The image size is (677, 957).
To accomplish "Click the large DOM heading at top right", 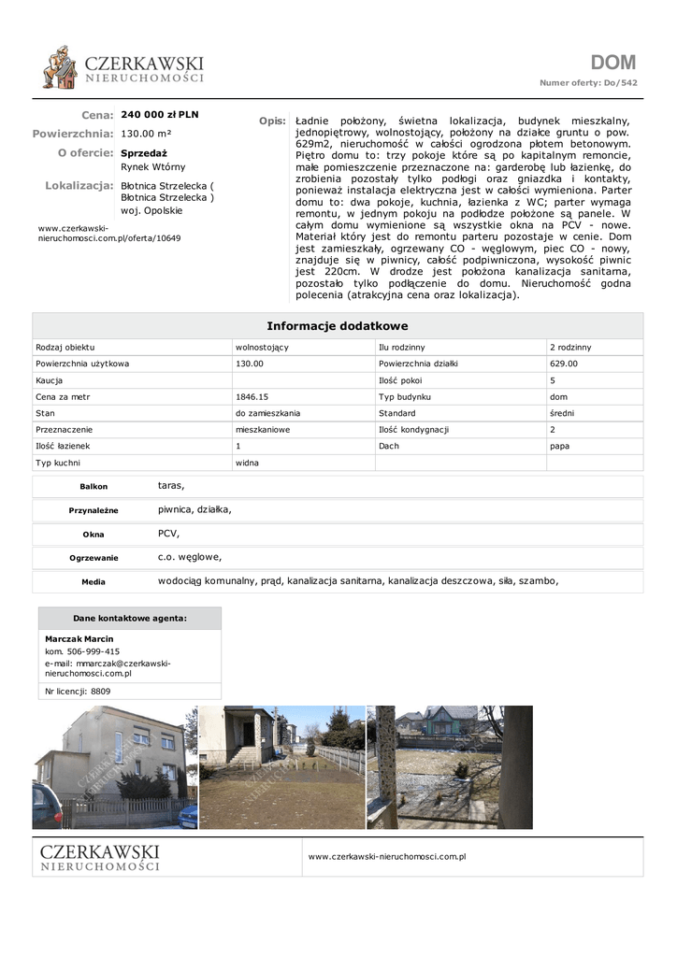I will point(612,63).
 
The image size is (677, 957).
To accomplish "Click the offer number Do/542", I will point(621,83).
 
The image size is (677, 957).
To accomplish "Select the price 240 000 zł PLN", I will point(160,115).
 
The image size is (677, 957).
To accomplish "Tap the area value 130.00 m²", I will point(146,134).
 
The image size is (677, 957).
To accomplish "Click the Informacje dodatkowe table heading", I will point(338,326).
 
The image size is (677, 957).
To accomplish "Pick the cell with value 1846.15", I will point(252,396).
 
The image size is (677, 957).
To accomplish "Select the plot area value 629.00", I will point(564,364).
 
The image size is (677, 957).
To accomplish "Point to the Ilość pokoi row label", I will point(401,380).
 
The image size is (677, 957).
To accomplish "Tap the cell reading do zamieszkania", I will point(267,413).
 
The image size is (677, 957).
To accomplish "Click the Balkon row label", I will point(94,487).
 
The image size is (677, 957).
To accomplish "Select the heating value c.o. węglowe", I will point(190,557).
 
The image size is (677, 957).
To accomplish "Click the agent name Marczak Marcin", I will point(79,639).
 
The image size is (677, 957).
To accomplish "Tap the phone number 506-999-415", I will point(94,651).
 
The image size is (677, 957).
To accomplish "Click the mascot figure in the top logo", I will point(61,67).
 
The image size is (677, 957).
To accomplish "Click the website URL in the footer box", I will point(386,856).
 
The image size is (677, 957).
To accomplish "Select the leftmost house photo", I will point(114,767).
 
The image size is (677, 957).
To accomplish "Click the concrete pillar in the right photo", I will point(385,766).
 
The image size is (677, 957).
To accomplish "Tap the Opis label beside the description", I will point(271,121).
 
